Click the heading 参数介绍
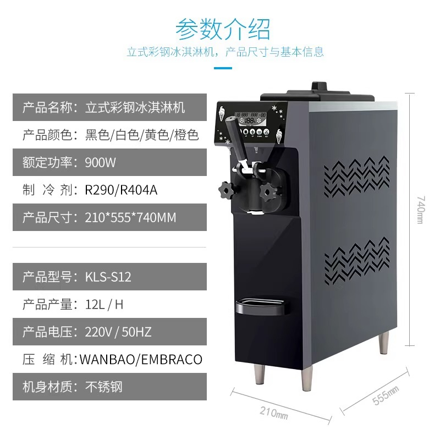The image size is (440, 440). (223, 29)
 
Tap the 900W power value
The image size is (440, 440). (100, 162)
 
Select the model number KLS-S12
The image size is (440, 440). (108, 277)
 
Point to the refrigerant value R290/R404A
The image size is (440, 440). (121, 190)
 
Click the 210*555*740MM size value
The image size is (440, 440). (130, 217)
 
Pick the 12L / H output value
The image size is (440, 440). (104, 305)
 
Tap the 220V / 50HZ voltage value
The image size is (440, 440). (118, 332)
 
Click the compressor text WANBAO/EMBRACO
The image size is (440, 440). (141, 360)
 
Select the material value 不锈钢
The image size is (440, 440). (104, 387)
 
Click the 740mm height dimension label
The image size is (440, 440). (420, 210)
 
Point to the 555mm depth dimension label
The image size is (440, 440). (386, 395)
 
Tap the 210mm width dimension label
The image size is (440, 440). (274, 413)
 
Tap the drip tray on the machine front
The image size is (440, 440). (260, 306)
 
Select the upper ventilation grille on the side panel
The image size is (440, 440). (356, 176)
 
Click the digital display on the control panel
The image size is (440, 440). (251, 119)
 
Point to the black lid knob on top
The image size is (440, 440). (319, 86)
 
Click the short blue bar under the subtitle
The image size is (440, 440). (223, 68)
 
